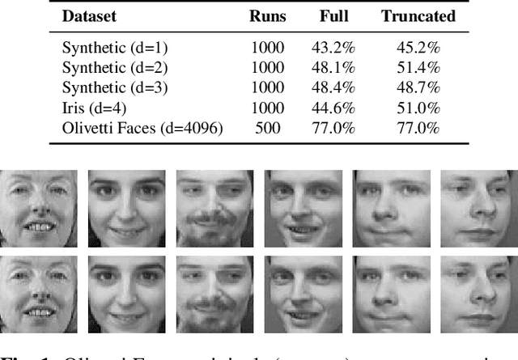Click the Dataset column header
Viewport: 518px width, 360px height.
pos(91,16)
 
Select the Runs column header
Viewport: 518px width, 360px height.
pos(267,16)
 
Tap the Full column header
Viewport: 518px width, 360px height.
pos(334,16)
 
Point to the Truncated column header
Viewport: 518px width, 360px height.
pos(418,16)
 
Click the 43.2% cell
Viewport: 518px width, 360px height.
pos(334,47)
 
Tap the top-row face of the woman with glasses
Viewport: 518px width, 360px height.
pos(39,208)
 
